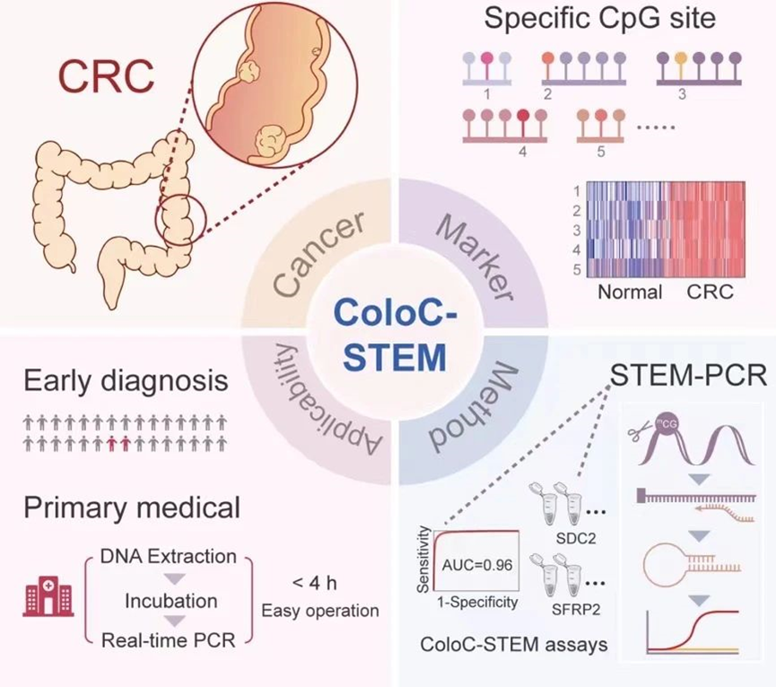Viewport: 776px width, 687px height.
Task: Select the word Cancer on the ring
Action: pyautogui.click(x=309, y=254)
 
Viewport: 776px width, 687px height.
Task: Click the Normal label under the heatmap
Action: pyautogui.click(x=629, y=292)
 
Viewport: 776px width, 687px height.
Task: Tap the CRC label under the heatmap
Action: pyautogui.click(x=711, y=292)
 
